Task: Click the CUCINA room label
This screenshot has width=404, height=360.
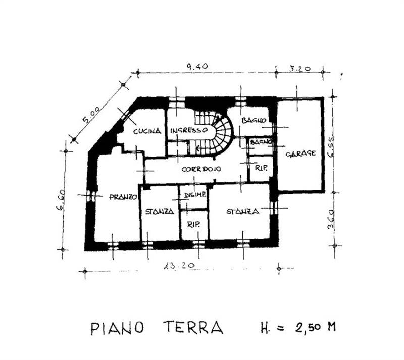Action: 147,131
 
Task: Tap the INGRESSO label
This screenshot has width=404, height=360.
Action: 188,130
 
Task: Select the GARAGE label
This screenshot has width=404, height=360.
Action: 301,153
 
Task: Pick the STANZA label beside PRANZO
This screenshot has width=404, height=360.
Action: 160,211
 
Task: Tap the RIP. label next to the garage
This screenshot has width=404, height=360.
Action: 261,168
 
